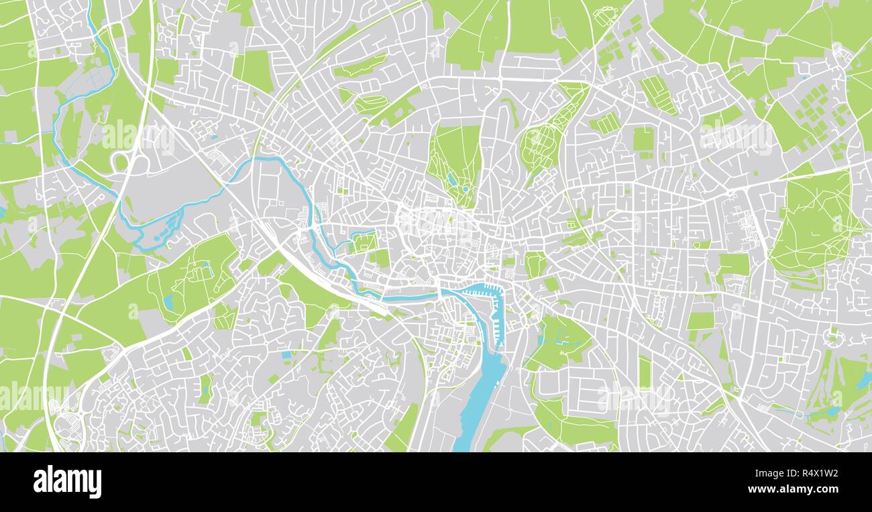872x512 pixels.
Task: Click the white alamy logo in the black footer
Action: pos(67,482)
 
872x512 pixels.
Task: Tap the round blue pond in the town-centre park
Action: pos(464,189)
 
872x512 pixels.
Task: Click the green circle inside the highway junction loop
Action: pos(120,162)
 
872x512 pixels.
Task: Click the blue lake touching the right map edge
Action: pos(864,381)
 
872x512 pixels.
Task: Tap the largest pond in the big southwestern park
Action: pos(168,302)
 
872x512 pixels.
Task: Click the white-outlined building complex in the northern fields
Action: pos(606,15)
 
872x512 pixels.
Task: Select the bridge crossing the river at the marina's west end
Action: pos(439,293)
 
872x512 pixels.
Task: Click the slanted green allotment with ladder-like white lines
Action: pos(657,94)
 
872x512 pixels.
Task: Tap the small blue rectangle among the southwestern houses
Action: pos(286,354)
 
